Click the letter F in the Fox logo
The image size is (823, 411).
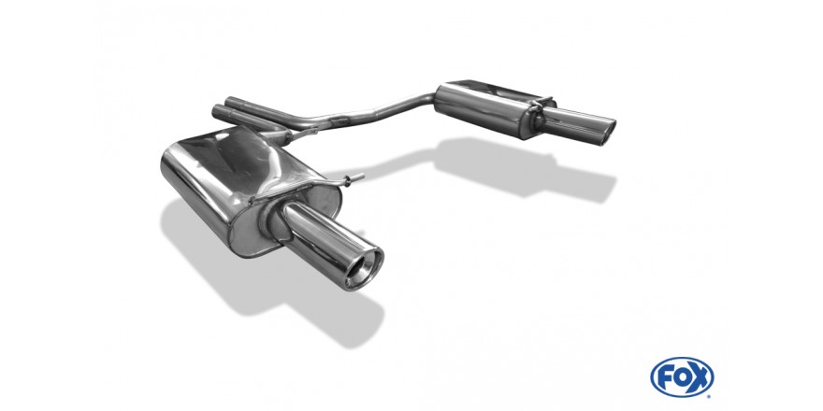click(x=666, y=377)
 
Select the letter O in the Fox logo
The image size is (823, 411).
click(x=683, y=377)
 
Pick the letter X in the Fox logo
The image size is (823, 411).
click(x=700, y=377)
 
